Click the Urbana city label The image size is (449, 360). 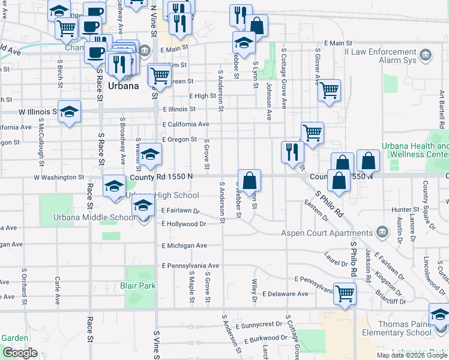pyautogui.click(x=124, y=86)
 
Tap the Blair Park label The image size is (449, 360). pyautogui.click(x=138, y=286)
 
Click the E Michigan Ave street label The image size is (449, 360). pyautogui.click(x=184, y=245)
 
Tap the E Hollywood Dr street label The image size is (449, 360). pyautogui.click(x=184, y=224)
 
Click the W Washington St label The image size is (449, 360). pyautogui.click(x=59, y=177)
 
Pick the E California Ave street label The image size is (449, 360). pyautogui.click(x=185, y=124)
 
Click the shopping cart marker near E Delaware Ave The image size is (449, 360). pyautogui.click(x=345, y=293)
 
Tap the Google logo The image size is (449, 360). pyautogui.click(x=20, y=352)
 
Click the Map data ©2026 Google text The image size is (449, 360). pyautogui.click(x=412, y=355)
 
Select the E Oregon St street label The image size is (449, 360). pyautogui.click(x=179, y=139)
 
